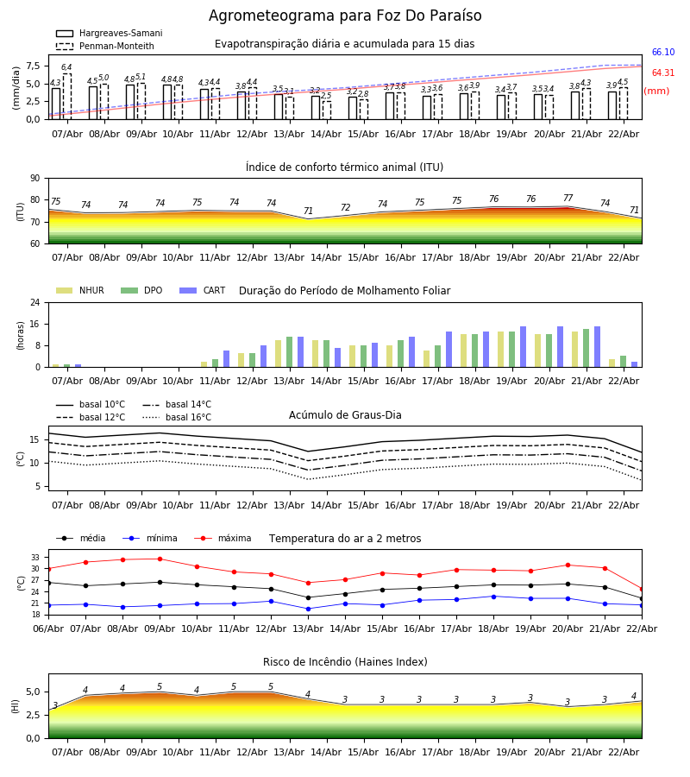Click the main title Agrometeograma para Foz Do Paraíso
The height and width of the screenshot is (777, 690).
[x=345, y=16]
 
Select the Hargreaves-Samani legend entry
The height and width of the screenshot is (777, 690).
[x=109, y=33]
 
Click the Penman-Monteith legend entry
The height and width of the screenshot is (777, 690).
[x=105, y=46]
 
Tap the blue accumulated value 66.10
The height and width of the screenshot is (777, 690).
[x=663, y=52]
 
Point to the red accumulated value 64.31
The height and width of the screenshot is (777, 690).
[x=663, y=73]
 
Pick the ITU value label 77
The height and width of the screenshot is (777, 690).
[x=568, y=198]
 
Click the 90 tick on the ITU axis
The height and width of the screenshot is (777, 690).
[x=35, y=179]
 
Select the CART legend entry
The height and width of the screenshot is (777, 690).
[x=202, y=290]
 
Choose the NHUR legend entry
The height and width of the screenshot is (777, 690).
[x=80, y=290]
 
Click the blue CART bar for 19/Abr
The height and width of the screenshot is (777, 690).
[x=524, y=347]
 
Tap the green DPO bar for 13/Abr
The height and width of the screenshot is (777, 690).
[x=290, y=352]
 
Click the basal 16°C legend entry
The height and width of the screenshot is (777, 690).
[x=177, y=417]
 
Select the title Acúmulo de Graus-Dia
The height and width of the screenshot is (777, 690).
[x=345, y=415]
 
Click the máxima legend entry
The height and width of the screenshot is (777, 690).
[x=223, y=538]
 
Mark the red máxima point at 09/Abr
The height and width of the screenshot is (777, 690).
[x=160, y=559]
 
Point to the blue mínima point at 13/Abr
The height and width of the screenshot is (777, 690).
[x=309, y=609]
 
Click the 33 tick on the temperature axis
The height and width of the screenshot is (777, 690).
[x=35, y=558]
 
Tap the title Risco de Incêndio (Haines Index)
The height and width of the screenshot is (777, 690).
[x=345, y=662]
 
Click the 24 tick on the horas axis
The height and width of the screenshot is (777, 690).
[x=35, y=303]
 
